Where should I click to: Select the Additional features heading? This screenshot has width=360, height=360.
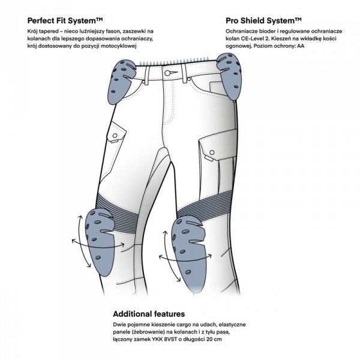[148, 313]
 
